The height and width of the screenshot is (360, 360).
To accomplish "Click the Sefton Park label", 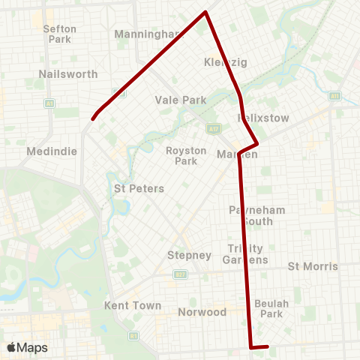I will coord(60,34).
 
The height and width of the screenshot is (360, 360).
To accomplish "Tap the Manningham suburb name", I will coord(148,34).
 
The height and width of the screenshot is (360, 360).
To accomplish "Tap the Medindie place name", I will coord(52,151).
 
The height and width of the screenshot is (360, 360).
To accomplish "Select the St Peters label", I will coord(139,188).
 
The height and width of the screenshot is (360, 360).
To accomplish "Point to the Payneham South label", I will coord(257,216).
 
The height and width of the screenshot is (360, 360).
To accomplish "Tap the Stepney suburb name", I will coord(189,255).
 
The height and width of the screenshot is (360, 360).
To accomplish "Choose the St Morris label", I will coord(313,266).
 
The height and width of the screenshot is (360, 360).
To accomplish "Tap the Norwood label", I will coord(202,311).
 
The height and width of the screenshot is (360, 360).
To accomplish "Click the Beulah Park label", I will coord(268,308).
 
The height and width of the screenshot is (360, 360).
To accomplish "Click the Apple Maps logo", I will coord(27,347).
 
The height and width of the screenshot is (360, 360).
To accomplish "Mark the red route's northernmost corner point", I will coord(205,12).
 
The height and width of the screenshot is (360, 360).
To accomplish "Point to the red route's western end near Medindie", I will coord(93,118).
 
